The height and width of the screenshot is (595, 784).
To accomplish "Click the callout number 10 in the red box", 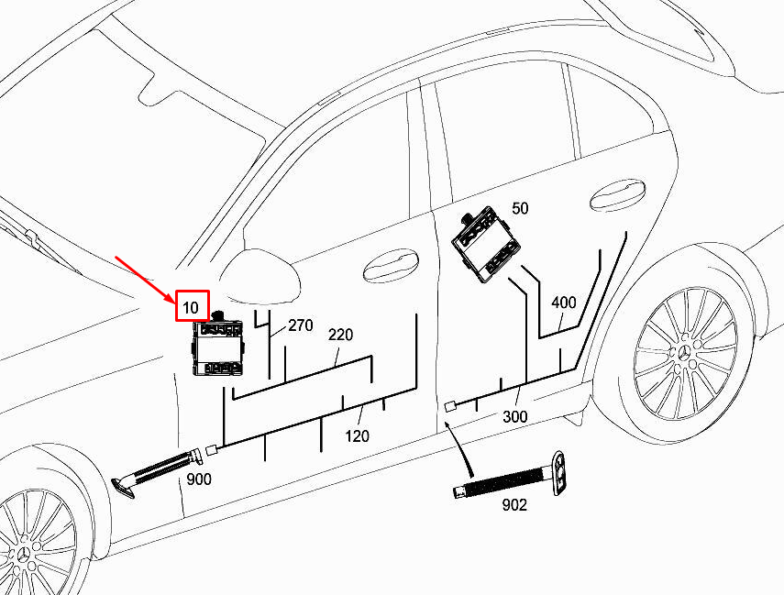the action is pos(191,307).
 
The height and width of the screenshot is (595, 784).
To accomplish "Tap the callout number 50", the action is pos(520,208).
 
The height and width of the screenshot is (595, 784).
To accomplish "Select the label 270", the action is pos(301,325).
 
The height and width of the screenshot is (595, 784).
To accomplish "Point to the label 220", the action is pos(340,335).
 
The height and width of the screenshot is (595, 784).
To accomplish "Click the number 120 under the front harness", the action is pos(357,436).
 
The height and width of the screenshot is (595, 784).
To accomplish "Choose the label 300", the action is pos(514,416).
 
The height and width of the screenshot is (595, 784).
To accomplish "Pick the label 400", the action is pos(564,303).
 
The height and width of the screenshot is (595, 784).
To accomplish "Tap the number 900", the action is pos(199,479).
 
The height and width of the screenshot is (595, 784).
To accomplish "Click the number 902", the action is pos(514,505).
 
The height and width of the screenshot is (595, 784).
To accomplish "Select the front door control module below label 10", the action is pos(217,345).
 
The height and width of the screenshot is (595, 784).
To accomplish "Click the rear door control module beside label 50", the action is pos(486,244).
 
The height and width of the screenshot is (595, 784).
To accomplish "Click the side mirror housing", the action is pos(260,277).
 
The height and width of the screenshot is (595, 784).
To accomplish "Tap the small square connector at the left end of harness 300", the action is pos(450,406).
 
